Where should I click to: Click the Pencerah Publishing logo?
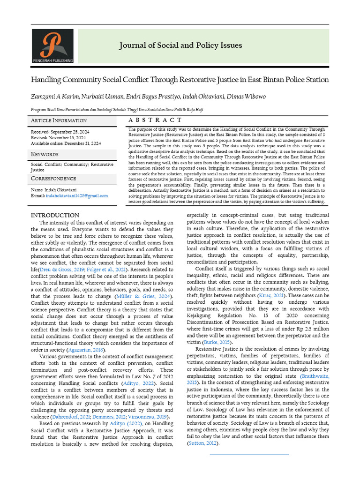pyautogui.click(x=52, y=46)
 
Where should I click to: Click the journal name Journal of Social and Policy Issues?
pyautogui.click(x=180, y=45)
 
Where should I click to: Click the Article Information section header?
pyautogui.click(x=59, y=120)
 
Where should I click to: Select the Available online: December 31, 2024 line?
pyautogui.click(x=66, y=143)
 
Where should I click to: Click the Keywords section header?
pyautogui.click(x=45, y=154)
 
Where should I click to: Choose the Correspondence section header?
pyautogui.click(x=53, y=179)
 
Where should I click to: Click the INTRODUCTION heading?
pyautogui.click(x=55, y=215)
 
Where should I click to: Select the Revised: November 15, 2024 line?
pyautogui.click(x=58, y=138)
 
